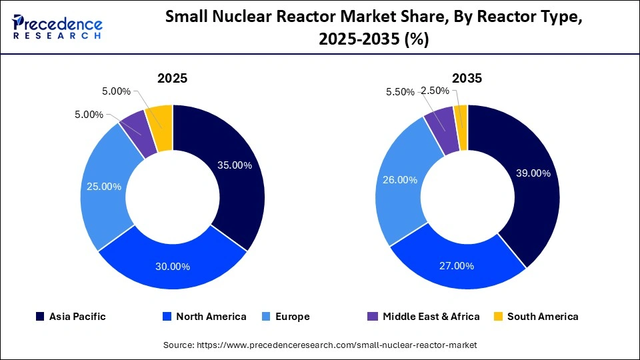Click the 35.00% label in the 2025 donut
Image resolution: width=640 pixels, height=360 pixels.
point(234,165)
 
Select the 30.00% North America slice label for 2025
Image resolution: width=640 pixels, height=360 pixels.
point(172,266)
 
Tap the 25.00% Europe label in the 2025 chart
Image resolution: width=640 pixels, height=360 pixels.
point(103,187)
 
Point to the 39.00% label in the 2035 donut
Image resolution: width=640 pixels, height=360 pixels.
point(533,173)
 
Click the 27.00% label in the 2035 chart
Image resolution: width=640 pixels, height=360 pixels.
point(456,265)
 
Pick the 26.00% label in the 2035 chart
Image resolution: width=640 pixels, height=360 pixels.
point(399,179)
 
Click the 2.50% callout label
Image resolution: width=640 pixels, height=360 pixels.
point(435,91)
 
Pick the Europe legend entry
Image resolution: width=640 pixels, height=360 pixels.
point(287,317)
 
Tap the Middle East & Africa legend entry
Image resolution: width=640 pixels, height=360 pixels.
point(424,317)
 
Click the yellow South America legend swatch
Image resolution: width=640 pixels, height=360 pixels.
point(498,317)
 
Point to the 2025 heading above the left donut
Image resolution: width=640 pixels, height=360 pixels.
point(172,78)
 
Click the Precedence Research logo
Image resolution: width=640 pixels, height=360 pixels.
point(57,27)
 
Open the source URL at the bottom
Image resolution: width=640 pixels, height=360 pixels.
point(320,345)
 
